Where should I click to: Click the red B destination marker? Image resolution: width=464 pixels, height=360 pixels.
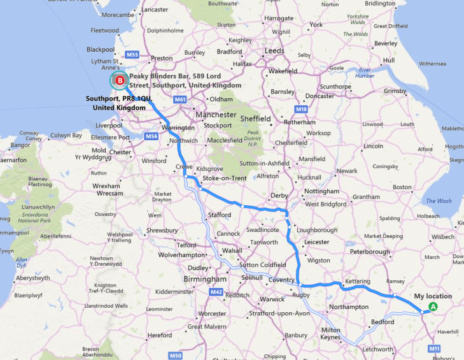click(x=120, y=80)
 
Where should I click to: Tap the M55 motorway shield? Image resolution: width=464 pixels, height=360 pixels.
click(x=132, y=54)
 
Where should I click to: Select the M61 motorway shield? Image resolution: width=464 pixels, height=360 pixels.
click(x=179, y=99)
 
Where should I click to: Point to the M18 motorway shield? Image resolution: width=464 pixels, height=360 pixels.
click(x=302, y=110)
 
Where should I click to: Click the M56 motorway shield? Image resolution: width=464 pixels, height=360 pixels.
click(x=151, y=136)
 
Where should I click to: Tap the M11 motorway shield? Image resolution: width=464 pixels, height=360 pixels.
click(x=435, y=349)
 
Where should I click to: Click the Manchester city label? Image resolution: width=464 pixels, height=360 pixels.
click(x=216, y=115)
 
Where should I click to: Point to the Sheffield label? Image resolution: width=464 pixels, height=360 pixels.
click(x=255, y=119)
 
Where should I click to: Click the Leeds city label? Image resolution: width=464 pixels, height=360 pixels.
click(x=274, y=50)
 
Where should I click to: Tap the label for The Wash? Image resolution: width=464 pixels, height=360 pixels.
click(x=439, y=201)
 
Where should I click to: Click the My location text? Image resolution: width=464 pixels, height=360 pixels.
click(x=433, y=296)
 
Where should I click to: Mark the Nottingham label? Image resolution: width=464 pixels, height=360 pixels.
click(x=321, y=191)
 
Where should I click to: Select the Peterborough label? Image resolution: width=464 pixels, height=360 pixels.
click(x=370, y=252)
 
